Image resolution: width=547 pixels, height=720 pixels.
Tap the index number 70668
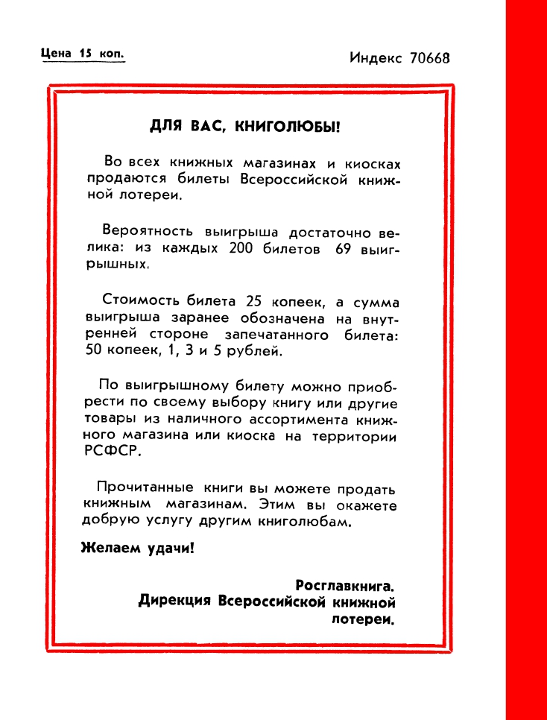tap(430, 58)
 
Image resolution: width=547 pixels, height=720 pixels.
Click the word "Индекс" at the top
tap(376, 58)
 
